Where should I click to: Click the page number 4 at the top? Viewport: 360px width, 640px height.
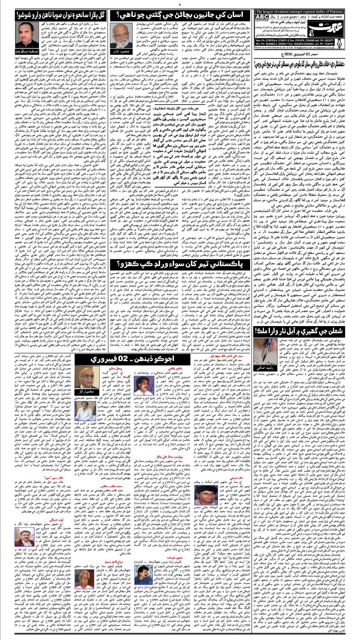point(180,4)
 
